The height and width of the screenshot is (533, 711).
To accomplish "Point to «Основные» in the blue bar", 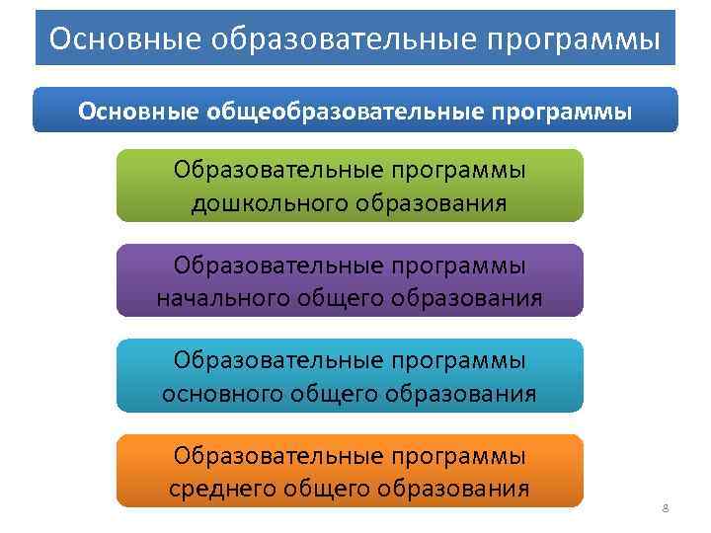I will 139,111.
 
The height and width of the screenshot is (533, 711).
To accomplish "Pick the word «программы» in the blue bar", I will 558,111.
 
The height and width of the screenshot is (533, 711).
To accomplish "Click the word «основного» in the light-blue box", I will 222,394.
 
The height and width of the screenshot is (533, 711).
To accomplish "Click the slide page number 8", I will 665,508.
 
